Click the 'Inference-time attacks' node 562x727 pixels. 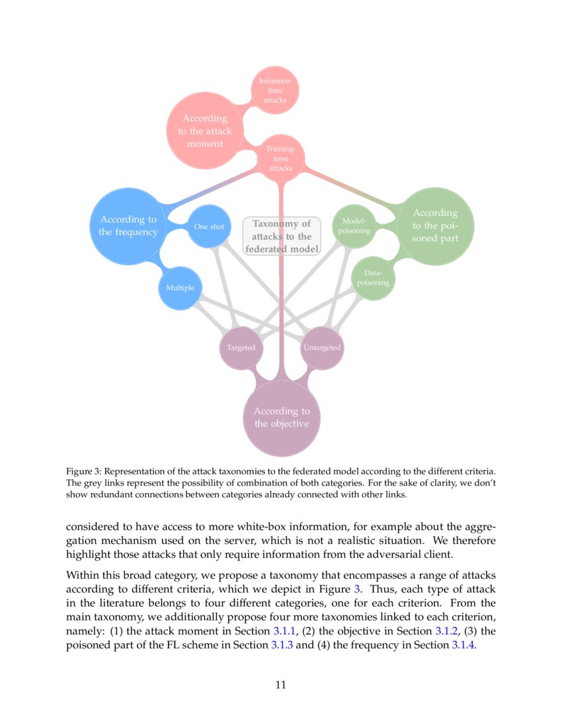[275, 91]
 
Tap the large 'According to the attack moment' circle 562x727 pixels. [205, 131]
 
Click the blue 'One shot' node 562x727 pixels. [209, 227]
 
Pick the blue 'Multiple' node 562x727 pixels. [180, 288]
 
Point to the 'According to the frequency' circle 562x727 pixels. [128, 225]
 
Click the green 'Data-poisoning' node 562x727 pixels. [373, 278]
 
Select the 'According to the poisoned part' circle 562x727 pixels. [435, 225]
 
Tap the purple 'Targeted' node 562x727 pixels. [241, 348]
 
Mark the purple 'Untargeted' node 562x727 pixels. [322, 348]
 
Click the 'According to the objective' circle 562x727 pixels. [282, 418]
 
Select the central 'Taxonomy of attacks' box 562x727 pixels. [282, 236]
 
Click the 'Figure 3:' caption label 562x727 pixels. [84, 472]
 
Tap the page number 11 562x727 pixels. [280, 685]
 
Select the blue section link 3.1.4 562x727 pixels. [463, 645]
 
